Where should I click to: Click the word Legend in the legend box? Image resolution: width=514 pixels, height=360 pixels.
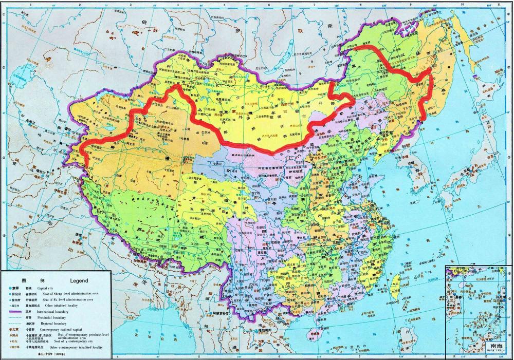click(79, 281)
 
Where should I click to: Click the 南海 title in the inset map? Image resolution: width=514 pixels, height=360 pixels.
click(497, 346)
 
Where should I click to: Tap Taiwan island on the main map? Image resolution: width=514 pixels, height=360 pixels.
click(396, 280)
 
